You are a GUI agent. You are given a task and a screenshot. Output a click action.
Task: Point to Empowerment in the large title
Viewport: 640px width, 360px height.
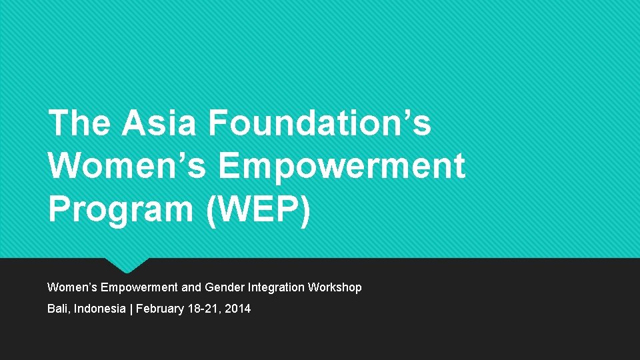click(341, 167)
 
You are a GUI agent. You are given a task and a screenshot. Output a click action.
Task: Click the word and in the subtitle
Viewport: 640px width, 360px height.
click(191, 287)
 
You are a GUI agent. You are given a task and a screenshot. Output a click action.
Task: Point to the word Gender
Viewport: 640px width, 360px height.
click(225, 287)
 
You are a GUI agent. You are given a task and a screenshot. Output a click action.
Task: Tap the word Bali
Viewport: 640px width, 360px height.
click(59, 309)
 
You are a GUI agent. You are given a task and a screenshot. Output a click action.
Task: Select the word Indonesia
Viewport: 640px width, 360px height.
click(100, 309)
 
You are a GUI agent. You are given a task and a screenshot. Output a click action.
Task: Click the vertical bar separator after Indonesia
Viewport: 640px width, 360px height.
click(131, 309)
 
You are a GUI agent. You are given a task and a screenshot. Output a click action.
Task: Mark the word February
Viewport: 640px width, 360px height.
click(159, 309)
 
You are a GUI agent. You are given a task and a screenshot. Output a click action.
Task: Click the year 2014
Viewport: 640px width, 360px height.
click(238, 309)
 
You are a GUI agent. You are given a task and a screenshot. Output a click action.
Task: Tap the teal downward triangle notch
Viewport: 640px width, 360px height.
click(127, 265)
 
